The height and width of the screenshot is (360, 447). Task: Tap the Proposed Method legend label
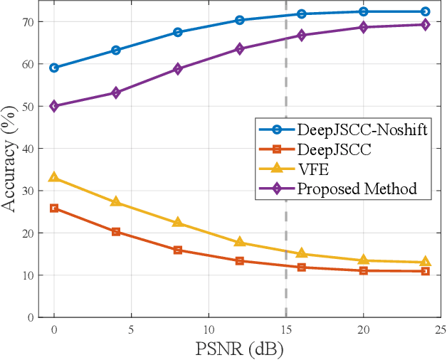356,189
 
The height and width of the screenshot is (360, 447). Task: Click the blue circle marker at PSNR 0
54,68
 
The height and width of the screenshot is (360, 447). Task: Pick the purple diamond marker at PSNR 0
54,106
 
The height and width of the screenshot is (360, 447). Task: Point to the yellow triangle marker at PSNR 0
54,178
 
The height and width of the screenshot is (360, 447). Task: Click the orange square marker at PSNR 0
54,208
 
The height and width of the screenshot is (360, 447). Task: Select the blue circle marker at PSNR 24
425,11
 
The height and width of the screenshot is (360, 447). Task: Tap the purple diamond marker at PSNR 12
240,49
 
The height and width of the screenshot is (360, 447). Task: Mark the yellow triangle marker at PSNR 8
178,222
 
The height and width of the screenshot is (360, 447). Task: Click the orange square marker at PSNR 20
363,270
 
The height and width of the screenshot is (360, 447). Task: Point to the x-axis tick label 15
285,331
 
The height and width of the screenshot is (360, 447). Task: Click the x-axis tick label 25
441,331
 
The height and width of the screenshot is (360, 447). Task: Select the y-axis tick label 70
28,22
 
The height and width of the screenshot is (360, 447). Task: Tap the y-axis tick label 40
28,149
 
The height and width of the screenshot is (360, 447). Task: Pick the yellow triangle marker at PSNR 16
302,253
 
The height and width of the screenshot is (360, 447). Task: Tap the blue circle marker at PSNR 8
178,32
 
